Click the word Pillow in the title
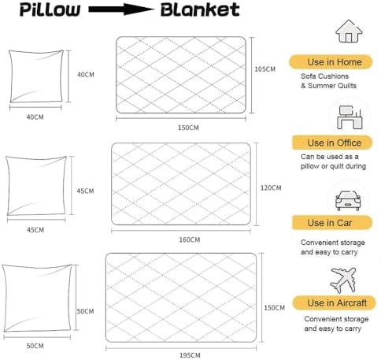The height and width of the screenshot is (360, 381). (50, 10)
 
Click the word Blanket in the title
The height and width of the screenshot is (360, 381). (200, 9)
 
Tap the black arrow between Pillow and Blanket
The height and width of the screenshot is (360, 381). (121, 9)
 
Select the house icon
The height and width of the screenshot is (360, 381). (349, 31)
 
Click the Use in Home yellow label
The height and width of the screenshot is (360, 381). (331, 62)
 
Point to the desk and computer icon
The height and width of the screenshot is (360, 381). (350, 117)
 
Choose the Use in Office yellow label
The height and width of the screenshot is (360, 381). (332, 143)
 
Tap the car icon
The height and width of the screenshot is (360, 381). (348, 200)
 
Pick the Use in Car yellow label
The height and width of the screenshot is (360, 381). (332, 223)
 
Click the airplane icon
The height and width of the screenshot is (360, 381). (343, 280)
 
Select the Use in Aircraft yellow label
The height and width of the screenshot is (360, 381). (335, 302)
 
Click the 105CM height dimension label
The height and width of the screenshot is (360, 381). (265, 69)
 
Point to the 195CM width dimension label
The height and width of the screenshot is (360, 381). (190, 355)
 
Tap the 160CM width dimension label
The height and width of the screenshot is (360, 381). (190, 239)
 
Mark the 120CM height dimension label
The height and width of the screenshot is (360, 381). (271, 187)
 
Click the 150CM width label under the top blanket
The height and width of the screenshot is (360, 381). (188, 128)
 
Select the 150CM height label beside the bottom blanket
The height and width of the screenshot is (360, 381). (274, 307)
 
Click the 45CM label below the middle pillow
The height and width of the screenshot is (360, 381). (35, 230)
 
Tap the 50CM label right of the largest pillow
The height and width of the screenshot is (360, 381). (85, 311)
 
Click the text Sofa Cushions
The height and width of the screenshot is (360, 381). (324, 76)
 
